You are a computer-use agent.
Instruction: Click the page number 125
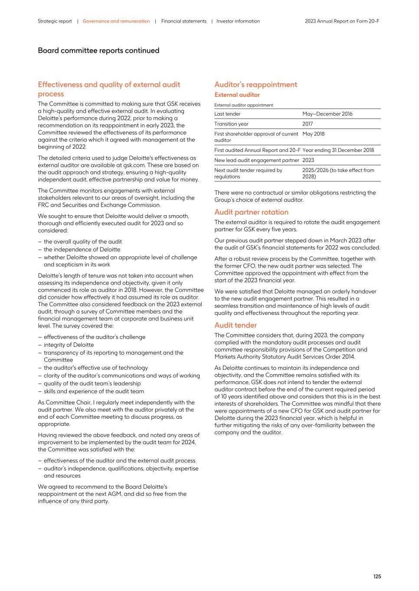pos(377,576)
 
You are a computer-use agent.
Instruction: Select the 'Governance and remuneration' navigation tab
pos(116,21)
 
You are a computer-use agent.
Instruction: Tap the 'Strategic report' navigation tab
pos(55,21)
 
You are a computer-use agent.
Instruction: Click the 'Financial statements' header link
pos(183,21)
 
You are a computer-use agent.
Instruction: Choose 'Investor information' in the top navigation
pos(238,21)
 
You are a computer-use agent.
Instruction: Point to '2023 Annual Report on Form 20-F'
pos(342,21)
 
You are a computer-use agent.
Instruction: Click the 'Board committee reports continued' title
pos(98,51)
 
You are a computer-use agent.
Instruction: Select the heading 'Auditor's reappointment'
pos(255,84)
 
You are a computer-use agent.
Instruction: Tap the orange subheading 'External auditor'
pos(237,95)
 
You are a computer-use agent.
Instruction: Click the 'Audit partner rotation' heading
pos(251,212)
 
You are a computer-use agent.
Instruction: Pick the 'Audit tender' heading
pos(236,325)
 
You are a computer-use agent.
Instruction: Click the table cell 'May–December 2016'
pos(327,114)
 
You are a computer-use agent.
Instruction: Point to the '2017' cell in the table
pos(308,124)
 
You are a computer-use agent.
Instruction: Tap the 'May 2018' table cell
pos(313,134)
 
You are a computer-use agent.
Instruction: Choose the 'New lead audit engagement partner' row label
pos(256,160)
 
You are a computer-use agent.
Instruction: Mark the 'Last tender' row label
pos(227,114)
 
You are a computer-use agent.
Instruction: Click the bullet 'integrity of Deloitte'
pos(69,345)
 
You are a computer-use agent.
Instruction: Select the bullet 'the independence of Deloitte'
pos(82,249)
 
